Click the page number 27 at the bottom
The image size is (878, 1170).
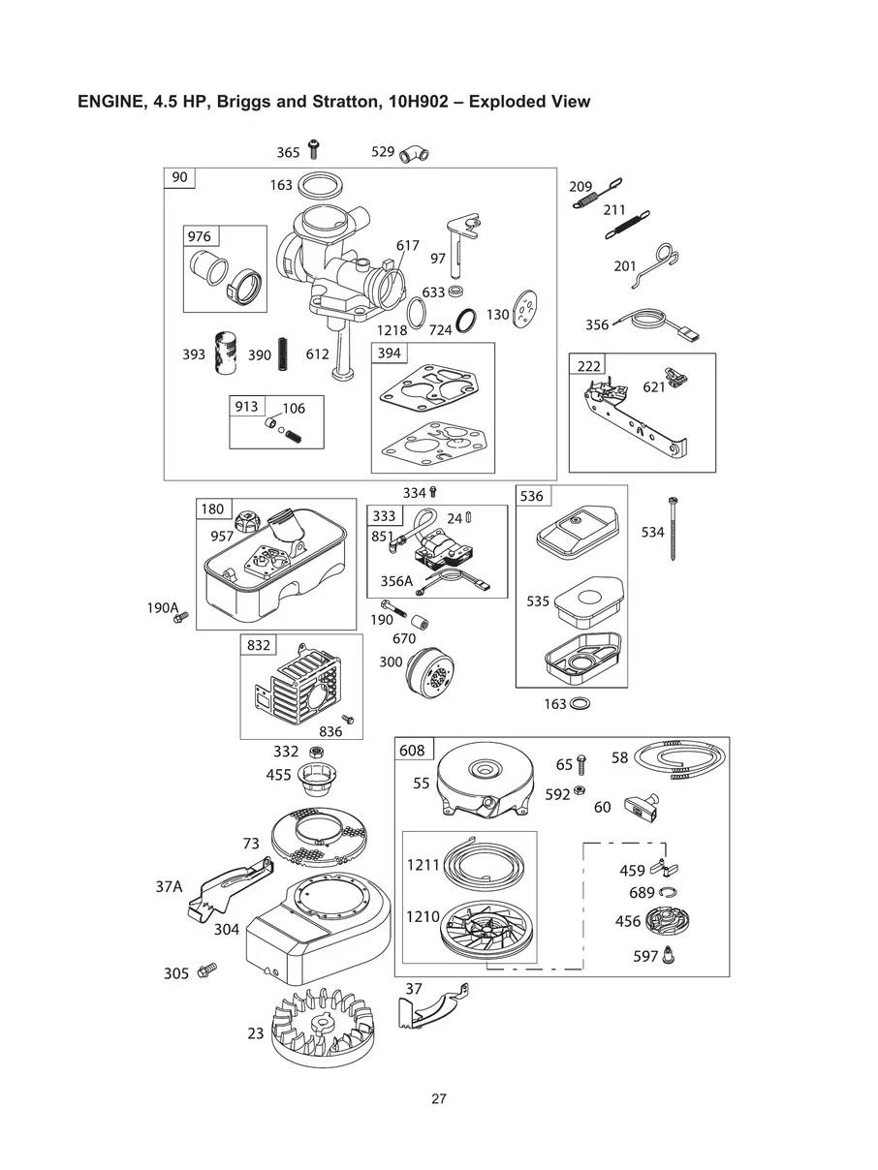pos(439,1098)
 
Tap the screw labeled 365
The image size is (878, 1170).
pos(314,149)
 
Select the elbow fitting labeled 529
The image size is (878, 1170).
pos(414,153)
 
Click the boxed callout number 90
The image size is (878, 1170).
pos(179,177)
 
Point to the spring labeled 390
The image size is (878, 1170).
pos(283,354)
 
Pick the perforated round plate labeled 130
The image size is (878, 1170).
pos(524,309)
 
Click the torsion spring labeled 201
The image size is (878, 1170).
pos(657,264)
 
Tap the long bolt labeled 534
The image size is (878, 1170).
pos(673,529)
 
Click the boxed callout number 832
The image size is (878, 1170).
pos(258,645)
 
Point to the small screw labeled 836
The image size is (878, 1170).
pos(348,719)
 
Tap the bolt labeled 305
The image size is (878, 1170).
pos(206,970)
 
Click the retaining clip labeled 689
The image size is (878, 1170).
pos(668,892)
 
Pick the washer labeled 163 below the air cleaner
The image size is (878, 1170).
pos(580,703)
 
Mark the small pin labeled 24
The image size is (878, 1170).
pos(468,516)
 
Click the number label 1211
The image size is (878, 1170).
pos(423,864)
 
